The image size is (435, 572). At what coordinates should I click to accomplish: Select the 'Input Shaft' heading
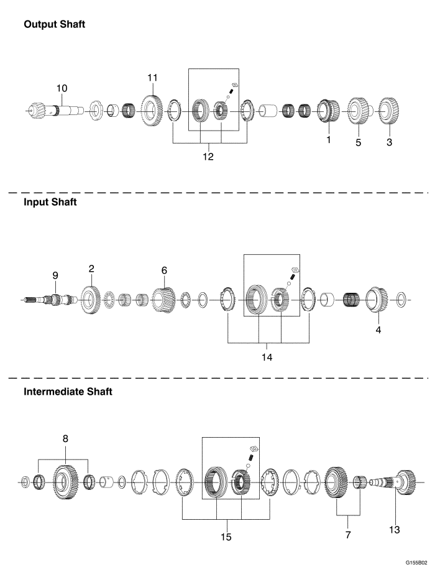pyautogui.click(x=50, y=203)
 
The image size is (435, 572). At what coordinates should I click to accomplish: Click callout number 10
pyautogui.click(x=62, y=88)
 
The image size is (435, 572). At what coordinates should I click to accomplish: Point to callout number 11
pyautogui.click(x=153, y=78)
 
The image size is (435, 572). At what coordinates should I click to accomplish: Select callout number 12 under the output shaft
pyautogui.click(x=208, y=156)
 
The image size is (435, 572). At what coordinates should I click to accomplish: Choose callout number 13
pyautogui.click(x=394, y=530)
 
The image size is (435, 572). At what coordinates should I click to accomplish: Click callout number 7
pyautogui.click(x=349, y=535)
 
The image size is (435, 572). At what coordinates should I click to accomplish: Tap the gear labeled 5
pyautogui.click(x=357, y=113)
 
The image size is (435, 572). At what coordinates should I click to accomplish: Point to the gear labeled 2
pyautogui.click(x=91, y=302)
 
